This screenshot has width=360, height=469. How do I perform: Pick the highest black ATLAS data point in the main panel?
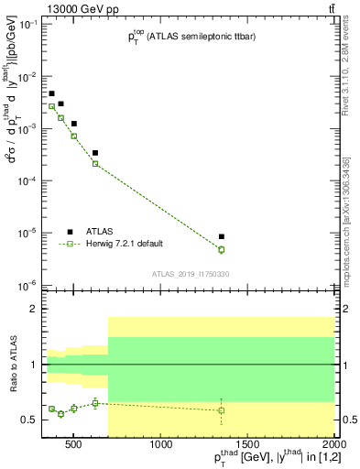click(52, 93)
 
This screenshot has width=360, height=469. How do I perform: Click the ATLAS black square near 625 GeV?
click(95, 153)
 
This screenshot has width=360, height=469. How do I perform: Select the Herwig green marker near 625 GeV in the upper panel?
click(95, 164)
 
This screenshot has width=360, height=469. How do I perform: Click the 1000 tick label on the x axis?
click(161, 445)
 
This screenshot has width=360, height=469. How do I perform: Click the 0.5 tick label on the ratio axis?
click(29, 420)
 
